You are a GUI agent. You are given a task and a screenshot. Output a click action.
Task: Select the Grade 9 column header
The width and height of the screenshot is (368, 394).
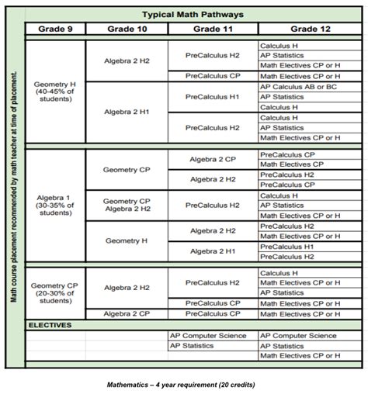click(55, 29)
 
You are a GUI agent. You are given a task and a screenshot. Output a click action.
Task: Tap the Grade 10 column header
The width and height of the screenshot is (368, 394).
click(127, 29)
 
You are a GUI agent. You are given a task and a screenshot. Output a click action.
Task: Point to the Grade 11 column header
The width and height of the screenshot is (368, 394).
click(212, 29)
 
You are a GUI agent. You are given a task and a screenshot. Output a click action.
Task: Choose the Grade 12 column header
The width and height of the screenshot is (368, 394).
click(307, 29)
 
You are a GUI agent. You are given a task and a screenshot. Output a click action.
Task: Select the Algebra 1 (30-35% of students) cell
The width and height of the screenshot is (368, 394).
click(55, 205)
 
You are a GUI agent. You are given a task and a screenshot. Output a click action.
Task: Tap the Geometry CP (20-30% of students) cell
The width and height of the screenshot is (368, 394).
click(55, 292)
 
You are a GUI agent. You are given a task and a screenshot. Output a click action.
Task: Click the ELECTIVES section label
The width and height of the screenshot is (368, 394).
click(50, 325)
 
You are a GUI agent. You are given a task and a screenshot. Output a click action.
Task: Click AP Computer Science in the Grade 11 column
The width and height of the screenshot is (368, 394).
click(208, 336)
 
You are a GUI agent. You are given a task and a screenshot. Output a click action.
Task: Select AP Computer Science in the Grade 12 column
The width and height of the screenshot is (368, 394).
click(298, 336)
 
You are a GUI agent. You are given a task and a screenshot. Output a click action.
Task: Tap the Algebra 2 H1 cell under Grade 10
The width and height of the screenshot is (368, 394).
click(127, 112)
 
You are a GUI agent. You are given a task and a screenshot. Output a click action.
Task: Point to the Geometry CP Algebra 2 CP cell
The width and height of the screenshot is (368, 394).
click(127, 205)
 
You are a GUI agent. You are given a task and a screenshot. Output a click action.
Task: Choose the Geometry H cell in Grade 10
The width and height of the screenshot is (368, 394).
click(127, 240)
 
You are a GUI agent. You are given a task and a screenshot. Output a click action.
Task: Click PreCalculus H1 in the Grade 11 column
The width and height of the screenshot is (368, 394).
click(212, 97)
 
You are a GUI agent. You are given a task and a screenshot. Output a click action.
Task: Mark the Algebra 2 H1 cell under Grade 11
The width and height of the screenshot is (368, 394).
click(212, 251)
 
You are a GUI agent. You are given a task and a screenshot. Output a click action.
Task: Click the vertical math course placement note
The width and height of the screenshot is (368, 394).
click(14, 186)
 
